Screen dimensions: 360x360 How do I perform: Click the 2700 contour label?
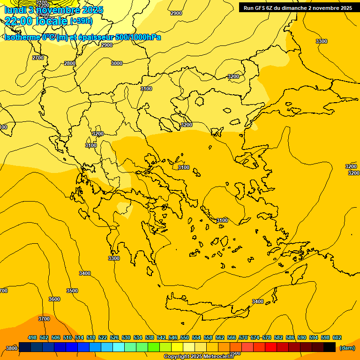coord(38,58)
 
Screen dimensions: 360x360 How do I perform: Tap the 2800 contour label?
coord(69,63)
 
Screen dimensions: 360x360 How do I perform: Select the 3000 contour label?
coord(117,63)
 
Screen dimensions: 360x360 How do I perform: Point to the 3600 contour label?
coord(54,299)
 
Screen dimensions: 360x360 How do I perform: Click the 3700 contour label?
coord(44,319)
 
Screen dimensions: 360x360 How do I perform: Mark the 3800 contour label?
coord(12,348)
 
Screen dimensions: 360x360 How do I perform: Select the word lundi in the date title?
coord(15,9)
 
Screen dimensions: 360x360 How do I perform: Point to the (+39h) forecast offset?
coord(81,21)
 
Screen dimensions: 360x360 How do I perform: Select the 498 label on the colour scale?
coord(32,337)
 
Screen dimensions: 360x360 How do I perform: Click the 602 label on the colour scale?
coord(337,337)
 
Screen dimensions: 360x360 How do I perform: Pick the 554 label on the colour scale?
coord(196,337)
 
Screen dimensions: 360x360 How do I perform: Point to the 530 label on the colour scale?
coord(126,337)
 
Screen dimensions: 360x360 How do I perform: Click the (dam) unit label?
coord(347,348)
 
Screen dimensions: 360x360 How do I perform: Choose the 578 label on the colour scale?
coord(267,337)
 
